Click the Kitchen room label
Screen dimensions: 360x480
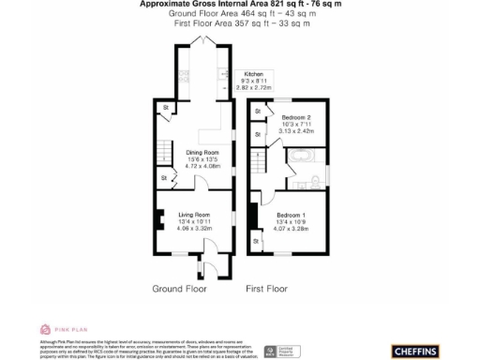pos(254,74)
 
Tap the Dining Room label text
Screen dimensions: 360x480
pos(202,153)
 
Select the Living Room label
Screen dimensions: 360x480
pos(194,215)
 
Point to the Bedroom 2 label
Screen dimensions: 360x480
pos(295,117)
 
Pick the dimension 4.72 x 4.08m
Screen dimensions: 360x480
pos(202,166)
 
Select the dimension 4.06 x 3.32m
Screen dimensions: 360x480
pos(194,228)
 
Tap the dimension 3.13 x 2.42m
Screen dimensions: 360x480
pos(295,131)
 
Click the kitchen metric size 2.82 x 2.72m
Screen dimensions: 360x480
pos(254,87)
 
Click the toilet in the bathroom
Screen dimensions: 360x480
pos(319,178)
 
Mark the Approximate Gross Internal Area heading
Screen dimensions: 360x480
pos(240,5)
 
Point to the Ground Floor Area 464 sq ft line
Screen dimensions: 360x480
pos(240,14)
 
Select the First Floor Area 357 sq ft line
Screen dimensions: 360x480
pos(240,23)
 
